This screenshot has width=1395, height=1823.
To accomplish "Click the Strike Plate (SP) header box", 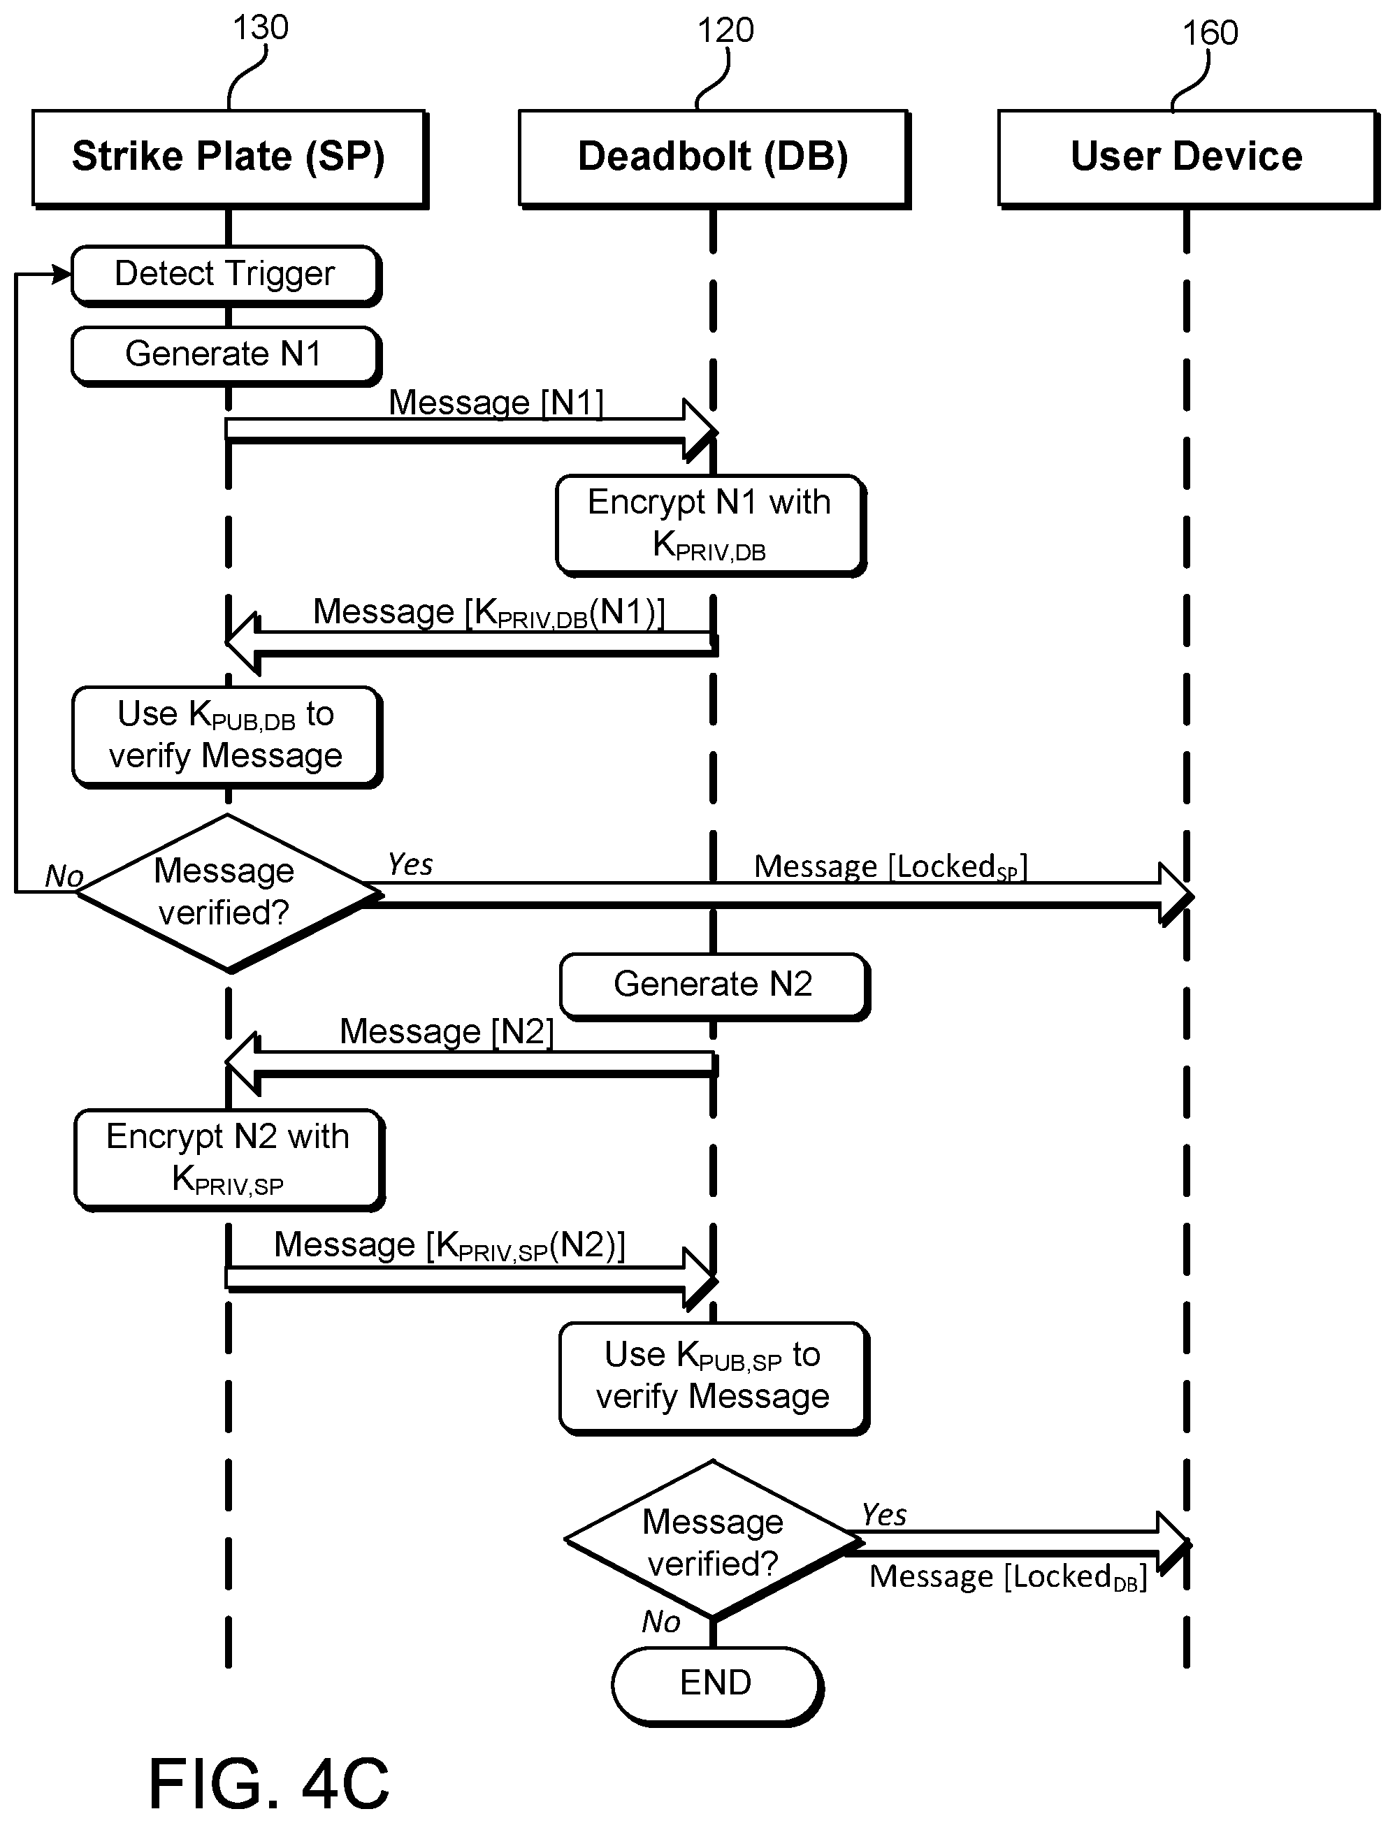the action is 229,158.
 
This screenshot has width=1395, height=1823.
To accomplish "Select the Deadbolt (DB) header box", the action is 714,158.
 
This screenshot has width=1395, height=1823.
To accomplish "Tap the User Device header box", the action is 1187,158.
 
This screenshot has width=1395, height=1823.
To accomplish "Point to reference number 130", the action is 261,27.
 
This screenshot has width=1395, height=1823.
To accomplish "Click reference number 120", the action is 725,31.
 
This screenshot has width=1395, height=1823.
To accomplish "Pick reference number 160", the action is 1210,34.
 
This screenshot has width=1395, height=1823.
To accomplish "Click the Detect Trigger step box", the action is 226,275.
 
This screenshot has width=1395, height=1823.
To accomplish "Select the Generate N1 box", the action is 226,355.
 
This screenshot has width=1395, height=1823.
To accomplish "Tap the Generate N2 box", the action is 714,985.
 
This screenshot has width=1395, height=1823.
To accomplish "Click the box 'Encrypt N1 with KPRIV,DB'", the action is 711,525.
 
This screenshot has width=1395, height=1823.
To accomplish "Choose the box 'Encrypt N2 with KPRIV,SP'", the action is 229,1159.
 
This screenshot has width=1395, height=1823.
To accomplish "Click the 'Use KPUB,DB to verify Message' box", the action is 226,736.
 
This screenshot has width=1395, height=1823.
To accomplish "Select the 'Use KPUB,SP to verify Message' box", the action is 714,1377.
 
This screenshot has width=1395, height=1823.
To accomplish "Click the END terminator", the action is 716,1685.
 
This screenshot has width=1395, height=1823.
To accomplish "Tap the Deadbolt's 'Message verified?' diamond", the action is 712,1540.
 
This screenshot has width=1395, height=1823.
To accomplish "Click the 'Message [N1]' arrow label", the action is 496,402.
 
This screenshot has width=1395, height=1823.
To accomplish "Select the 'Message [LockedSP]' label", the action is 890,866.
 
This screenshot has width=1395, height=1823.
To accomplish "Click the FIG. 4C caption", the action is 268,1783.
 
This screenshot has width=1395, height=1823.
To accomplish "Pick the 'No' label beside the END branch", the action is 661,1621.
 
